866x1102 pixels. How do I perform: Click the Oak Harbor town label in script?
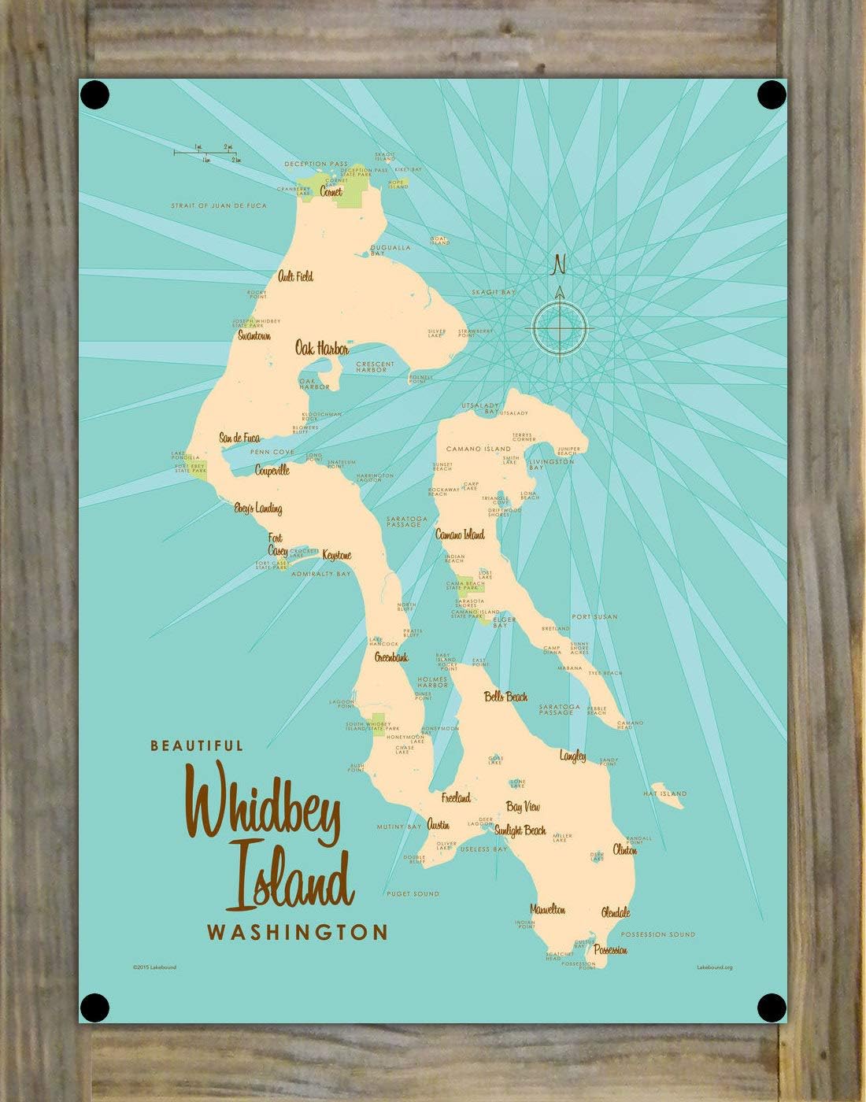pyautogui.click(x=321, y=348)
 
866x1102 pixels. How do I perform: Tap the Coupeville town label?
pyautogui.click(x=272, y=471)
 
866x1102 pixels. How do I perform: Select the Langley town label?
pyautogui.click(x=573, y=756)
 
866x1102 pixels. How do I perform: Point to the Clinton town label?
pyautogui.click(x=624, y=851)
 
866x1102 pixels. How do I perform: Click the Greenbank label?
pyautogui.click(x=391, y=657)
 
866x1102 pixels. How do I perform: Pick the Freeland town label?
pyautogui.click(x=456, y=797)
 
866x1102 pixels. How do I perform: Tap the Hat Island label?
pyautogui.click(x=665, y=793)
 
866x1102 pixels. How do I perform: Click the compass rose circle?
pyautogui.click(x=560, y=327)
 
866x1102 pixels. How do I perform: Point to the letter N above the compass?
pyautogui.click(x=560, y=264)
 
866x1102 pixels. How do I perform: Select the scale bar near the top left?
pyautogui.click(x=207, y=153)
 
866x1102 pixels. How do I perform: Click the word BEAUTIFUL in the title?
pyautogui.click(x=197, y=745)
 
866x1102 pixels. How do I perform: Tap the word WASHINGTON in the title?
pyautogui.click(x=297, y=933)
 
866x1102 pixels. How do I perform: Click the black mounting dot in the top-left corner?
pyautogui.click(x=94, y=95)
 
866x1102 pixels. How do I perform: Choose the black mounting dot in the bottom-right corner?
pyautogui.click(x=772, y=1006)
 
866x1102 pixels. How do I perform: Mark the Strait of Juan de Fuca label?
pyautogui.click(x=219, y=205)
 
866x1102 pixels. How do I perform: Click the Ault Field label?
pyautogui.click(x=295, y=276)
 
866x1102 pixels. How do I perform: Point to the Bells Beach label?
pyautogui.click(x=506, y=697)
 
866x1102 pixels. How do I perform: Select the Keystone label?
pyautogui.click(x=337, y=555)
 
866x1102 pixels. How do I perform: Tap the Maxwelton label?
pyautogui.click(x=547, y=909)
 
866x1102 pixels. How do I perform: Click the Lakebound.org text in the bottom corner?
pyautogui.click(x=714, y=967)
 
